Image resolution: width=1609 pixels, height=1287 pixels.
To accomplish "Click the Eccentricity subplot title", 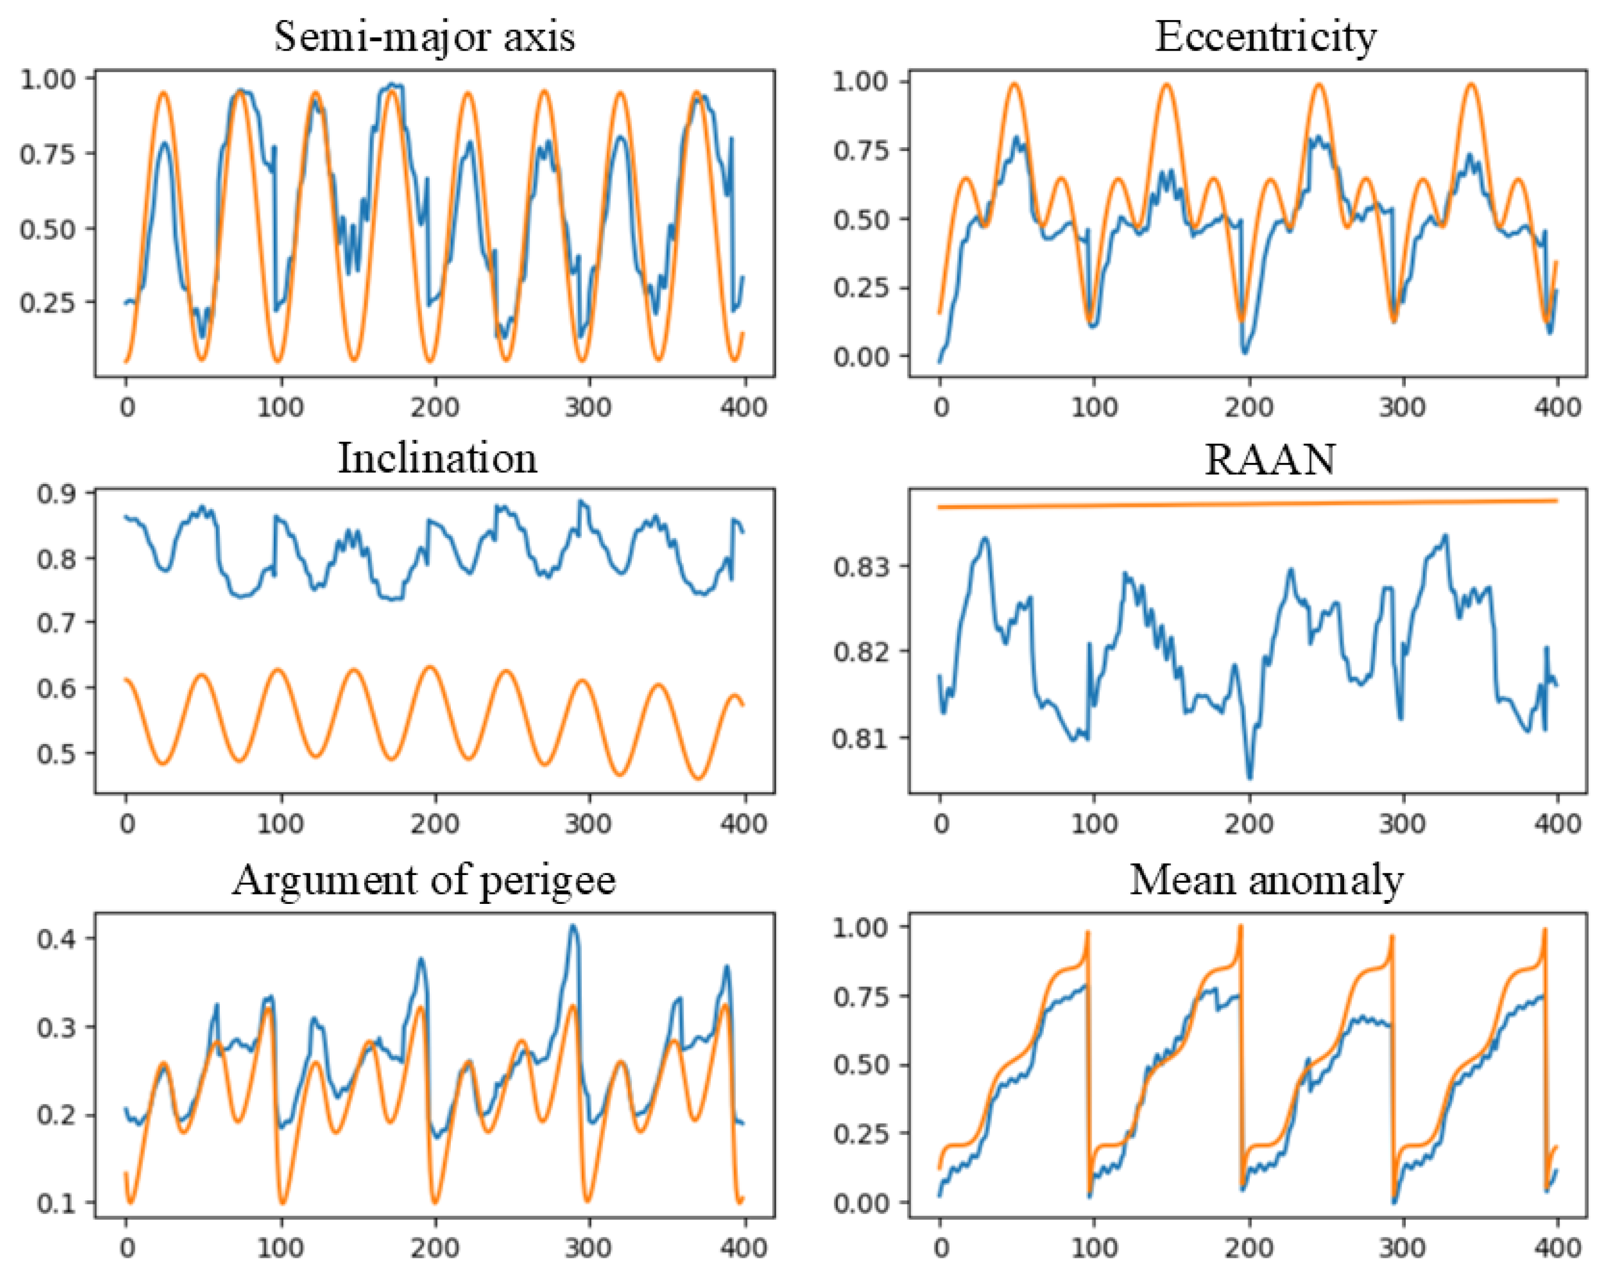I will [x=1265, y=36].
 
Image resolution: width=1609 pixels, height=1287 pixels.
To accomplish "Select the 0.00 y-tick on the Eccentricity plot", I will [x=861, y=356].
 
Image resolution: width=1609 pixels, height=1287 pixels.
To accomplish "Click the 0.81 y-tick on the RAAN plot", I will [x=861, y=738].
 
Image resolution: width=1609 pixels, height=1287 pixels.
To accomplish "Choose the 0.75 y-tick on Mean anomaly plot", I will [x=861, y=996].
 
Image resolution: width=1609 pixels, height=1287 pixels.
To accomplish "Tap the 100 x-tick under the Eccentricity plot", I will [x=1094, y=408].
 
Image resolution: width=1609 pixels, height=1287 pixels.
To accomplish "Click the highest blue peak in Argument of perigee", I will [x=573, y=927].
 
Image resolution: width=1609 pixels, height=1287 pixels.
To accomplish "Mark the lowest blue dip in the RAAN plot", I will [x=1250, y=777].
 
